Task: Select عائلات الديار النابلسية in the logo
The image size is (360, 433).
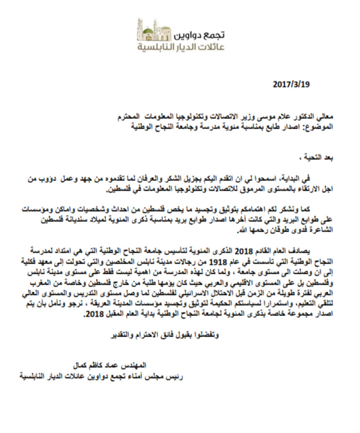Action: [182, 47]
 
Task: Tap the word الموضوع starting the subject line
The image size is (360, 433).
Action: [320, 126]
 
